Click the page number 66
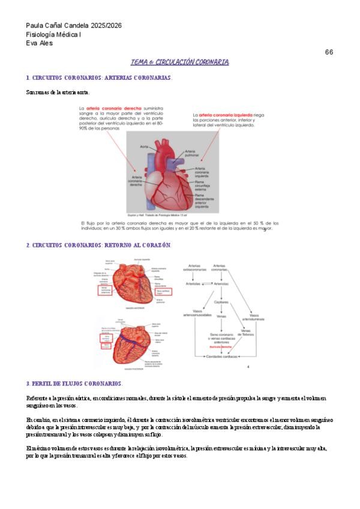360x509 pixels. pyautogui.click(x=329, y=52)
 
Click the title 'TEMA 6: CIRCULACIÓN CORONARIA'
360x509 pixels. pyautogui.click(x=180, y=62)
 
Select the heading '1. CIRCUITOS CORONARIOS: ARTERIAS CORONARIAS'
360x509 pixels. pyautogui.click(x=99, y=78)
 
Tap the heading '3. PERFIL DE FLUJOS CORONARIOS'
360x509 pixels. pyautogui.click(x=74, y=384)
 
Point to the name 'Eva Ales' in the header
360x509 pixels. pyautogui.click(x=40, y=43)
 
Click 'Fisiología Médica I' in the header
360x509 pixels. pyautogui.click(x=54, y=35)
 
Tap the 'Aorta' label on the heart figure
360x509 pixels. pyautogui.click(x=144, y=146)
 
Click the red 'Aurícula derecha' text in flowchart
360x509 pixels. pyautogui.click(x=220, y=347)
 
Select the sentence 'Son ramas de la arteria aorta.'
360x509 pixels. pyautogui.click(x=58, y=92)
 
